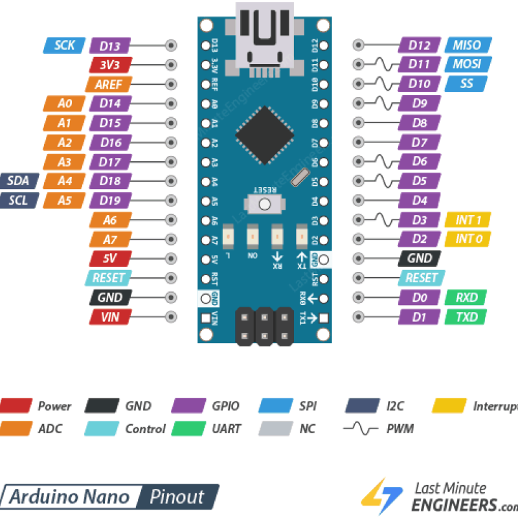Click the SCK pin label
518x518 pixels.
pos(64,45)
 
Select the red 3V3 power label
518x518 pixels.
pos(111,65)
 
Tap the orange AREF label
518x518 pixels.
pos(109,84)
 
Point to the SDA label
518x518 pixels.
pos(19,181)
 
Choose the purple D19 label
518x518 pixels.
pos(111,201)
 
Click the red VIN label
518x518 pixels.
pos(111,317)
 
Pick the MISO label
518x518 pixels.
pos(467,45)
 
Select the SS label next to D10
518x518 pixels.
pos(466,84)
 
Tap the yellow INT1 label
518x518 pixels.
pos(467,220)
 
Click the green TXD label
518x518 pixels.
pos(466,317)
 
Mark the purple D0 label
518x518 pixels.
pos(420,298)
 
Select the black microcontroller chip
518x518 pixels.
pos(264,135)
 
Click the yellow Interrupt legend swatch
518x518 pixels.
pos(449,406)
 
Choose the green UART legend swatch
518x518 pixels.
pos(190,429)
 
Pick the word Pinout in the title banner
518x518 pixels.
pos(177,497)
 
